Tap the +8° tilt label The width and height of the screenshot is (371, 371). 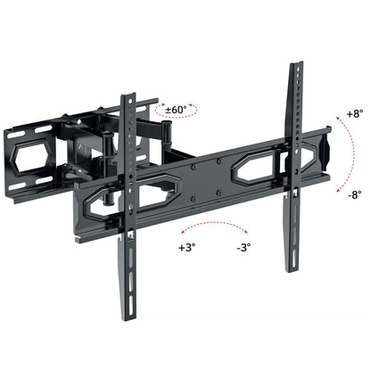click(x=356, y=114)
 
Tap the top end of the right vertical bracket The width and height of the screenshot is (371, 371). click(x=293, y=67)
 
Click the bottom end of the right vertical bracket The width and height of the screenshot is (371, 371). click(x=288, y=268)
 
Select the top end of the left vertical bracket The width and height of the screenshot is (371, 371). click(x=130, y=93)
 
